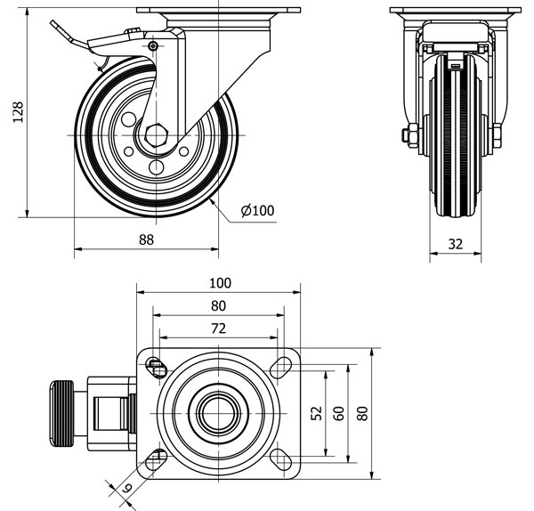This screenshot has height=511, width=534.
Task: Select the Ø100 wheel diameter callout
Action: coord(257,211)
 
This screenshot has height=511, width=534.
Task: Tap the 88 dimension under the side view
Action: coord(146,239)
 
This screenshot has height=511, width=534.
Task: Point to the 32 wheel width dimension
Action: coord(456,242)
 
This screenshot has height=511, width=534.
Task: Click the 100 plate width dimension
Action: coord(219,283)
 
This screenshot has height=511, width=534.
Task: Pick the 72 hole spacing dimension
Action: coord(219,328)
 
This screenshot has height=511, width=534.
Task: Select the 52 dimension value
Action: coord(316,412)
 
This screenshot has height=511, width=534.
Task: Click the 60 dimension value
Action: coord(337,412)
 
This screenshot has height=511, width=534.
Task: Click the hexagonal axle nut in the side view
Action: coord(158,134)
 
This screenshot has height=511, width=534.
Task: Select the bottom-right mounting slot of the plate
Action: coord(283,458)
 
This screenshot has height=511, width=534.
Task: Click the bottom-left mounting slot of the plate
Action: coord(158,458)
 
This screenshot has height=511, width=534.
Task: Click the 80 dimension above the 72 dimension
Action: coord(219,305)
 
